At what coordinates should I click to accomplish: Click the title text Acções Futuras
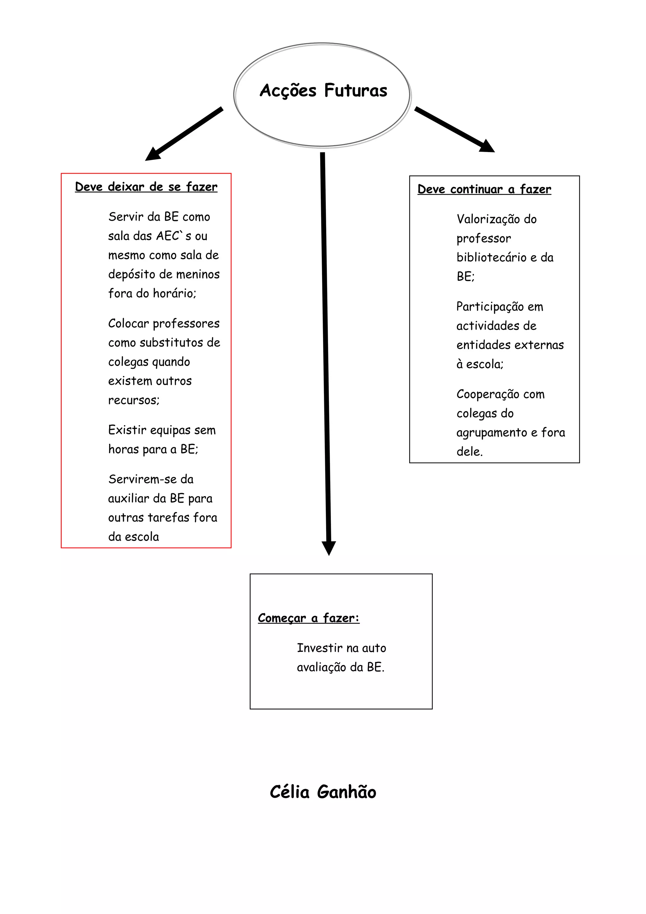coord(323,91)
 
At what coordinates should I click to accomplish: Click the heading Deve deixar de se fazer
coord(146,187)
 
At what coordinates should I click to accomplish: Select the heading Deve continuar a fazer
coord(484,189)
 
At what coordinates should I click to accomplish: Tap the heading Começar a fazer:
coord(308,618)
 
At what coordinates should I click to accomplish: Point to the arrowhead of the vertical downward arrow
coord(329,548)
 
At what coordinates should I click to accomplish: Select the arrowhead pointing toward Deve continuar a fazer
coord(487,146)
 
